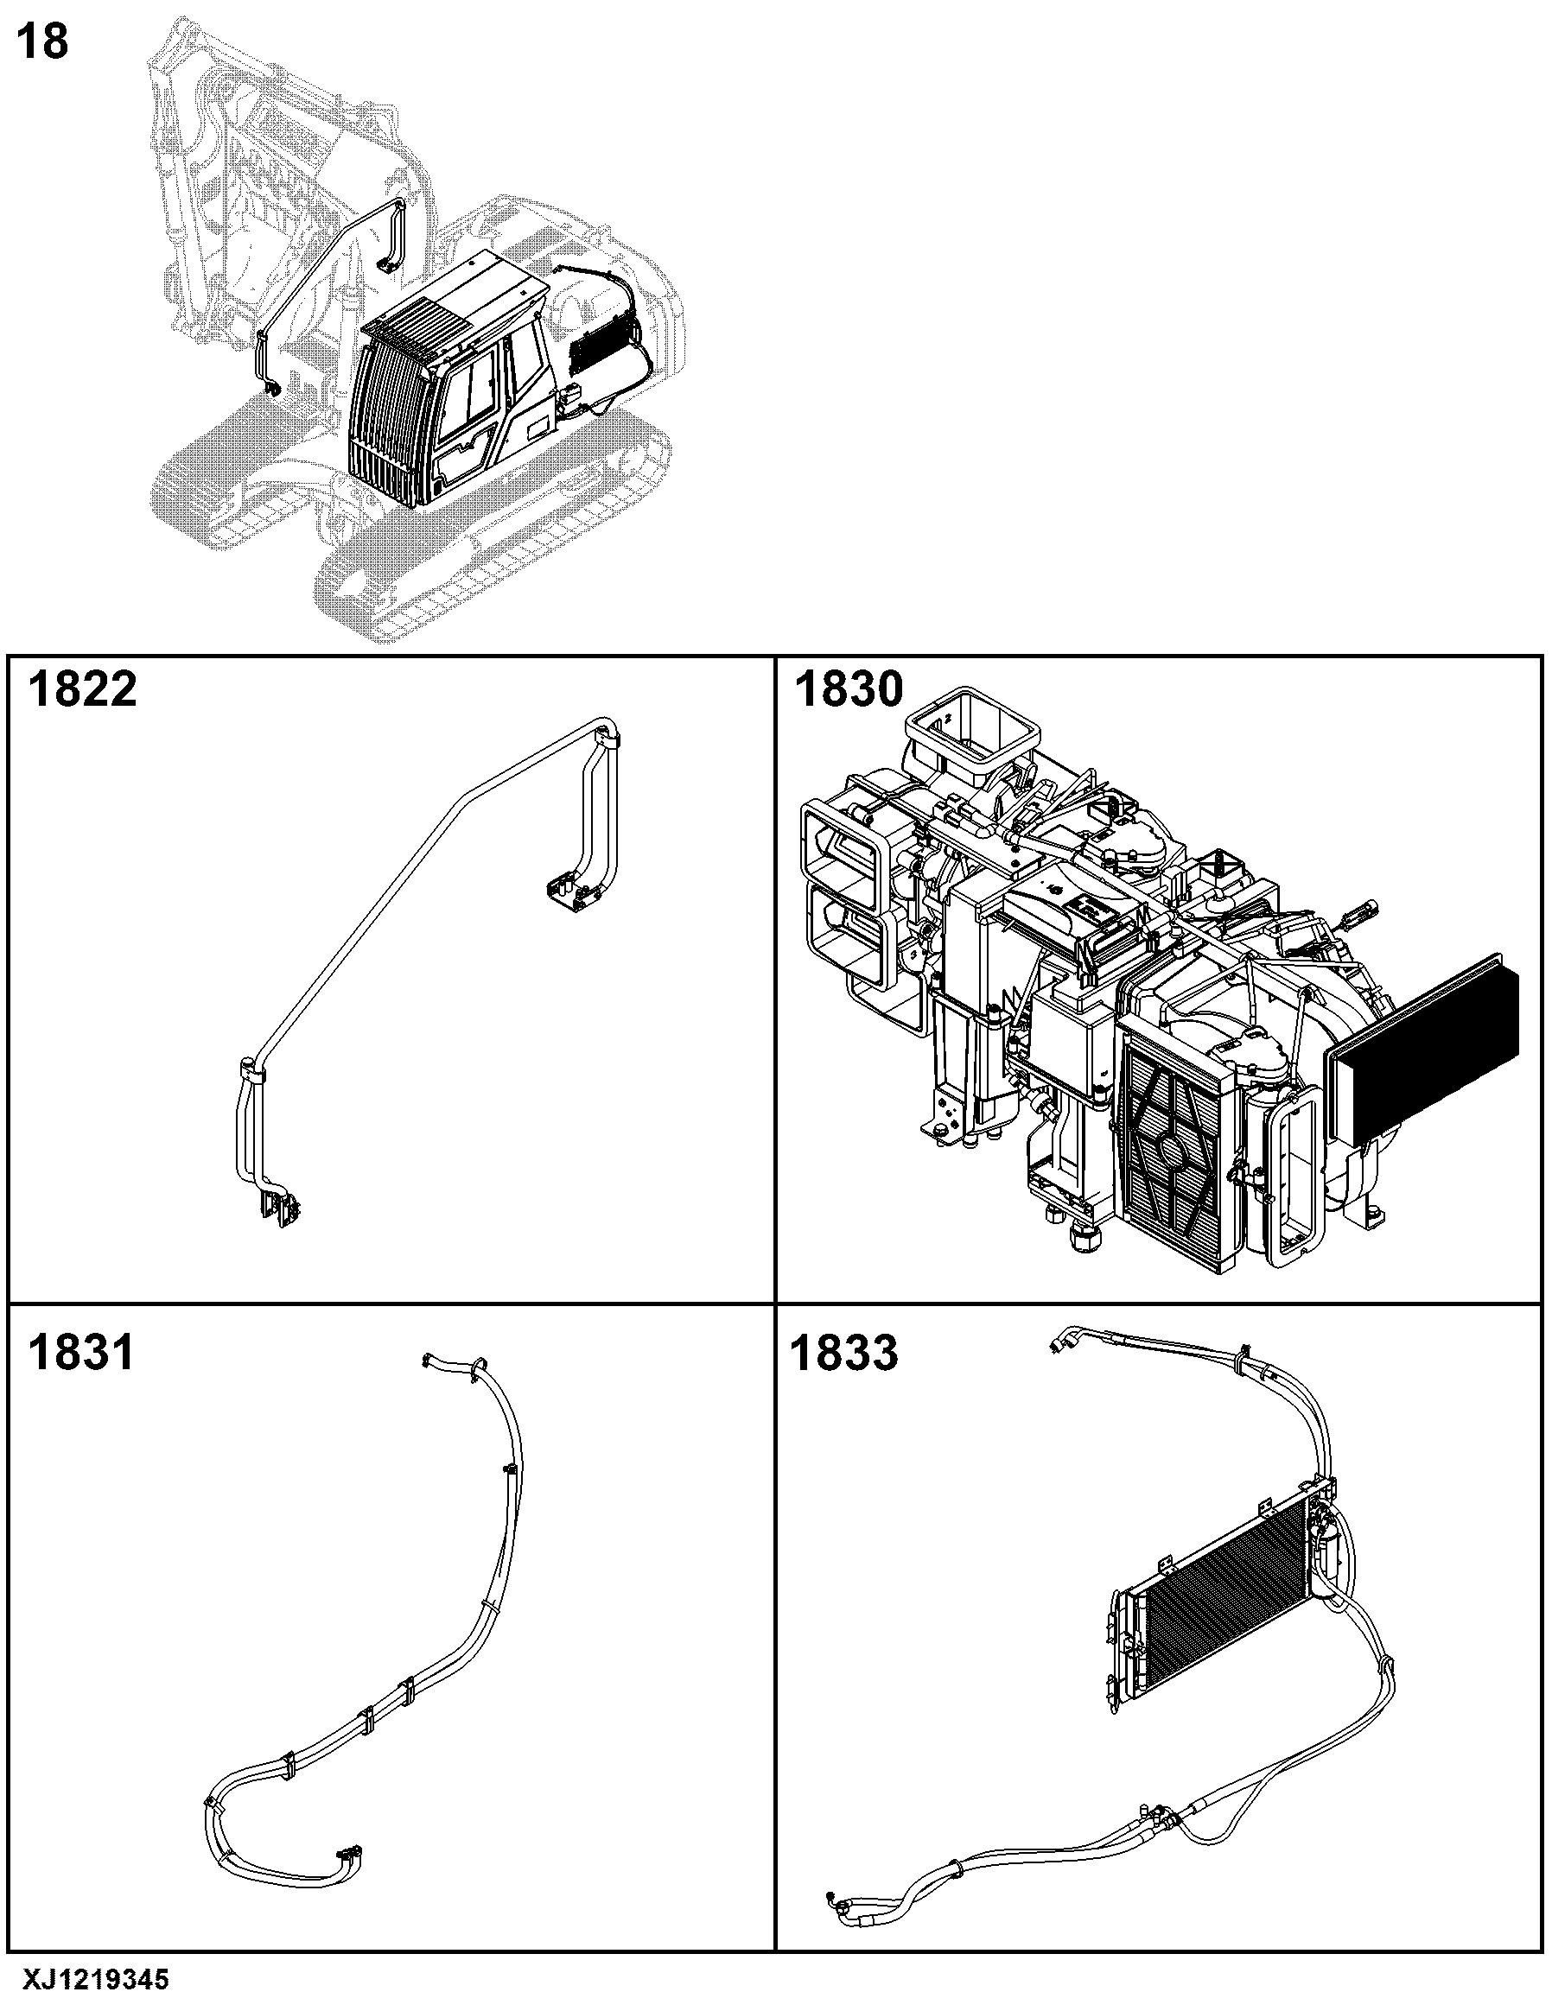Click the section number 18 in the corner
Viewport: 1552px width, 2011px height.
click(43, 42)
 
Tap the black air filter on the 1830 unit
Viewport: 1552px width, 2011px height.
click(1423, 1042)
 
